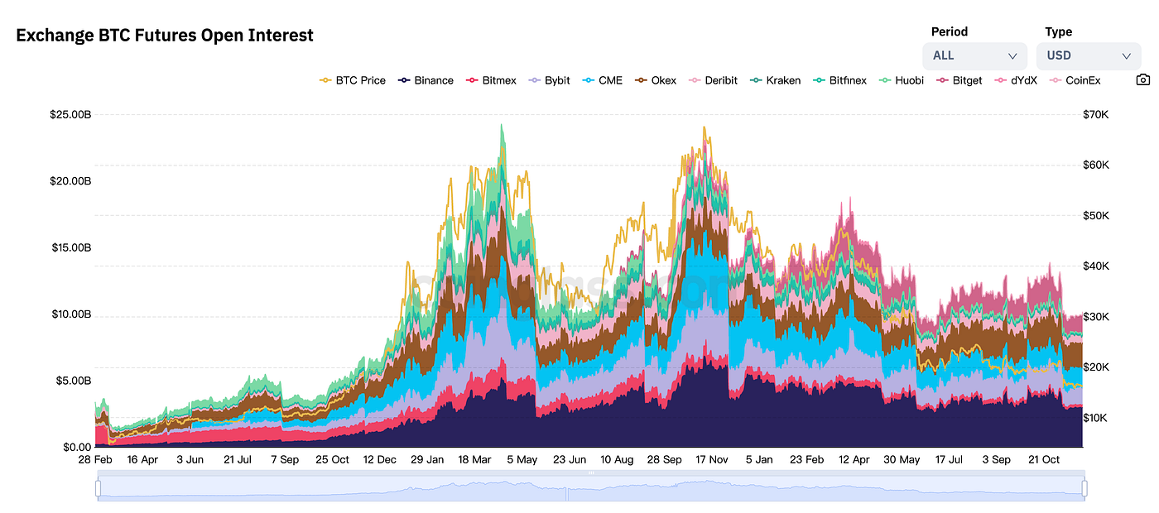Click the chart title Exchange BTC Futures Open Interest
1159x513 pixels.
point(165,36)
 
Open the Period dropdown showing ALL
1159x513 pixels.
point(974,55)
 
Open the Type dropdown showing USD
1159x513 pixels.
point(1088,55)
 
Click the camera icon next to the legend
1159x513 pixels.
point(1142,80)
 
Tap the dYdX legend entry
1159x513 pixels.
point(1015,80)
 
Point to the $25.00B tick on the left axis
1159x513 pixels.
point(70,114)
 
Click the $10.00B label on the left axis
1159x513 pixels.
point(70,314)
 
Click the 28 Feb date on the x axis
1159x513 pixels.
point(95,459)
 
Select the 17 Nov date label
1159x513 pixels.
point(711,459)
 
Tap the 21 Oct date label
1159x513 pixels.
point(1043,459)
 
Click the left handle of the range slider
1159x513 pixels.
point(98,489)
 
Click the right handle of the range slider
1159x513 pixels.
point(1084,489)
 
